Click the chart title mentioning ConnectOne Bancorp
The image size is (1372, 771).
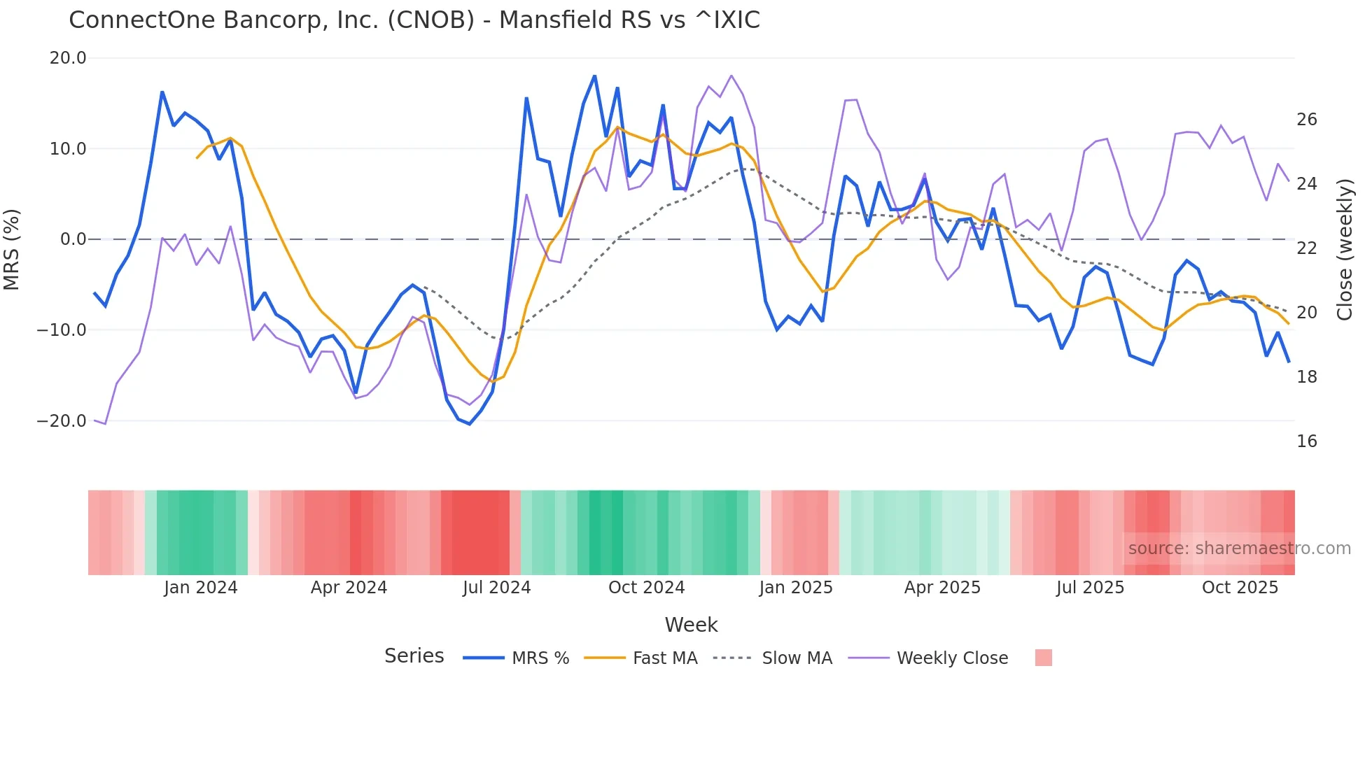[414, 20]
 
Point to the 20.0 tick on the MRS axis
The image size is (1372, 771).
[68, 58]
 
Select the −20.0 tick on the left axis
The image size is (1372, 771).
[62, 421]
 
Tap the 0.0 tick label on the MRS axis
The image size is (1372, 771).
[73, 239]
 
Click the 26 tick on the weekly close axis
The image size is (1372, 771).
[1306, 120]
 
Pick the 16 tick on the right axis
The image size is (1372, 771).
[1306, 441]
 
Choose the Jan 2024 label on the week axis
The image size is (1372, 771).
[201, 588]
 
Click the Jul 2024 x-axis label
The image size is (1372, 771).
[496, 588]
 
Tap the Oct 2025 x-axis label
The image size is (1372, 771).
[1240, 588]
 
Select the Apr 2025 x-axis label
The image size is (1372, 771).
[942, 588]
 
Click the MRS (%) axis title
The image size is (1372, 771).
[12, 249]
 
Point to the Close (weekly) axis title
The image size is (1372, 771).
[1345, 250]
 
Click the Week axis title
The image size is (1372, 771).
[691, 625]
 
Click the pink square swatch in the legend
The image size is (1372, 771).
[1043, 658]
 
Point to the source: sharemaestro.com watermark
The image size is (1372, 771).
[1239, 549]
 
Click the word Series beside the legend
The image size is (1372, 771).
[414, 656]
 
